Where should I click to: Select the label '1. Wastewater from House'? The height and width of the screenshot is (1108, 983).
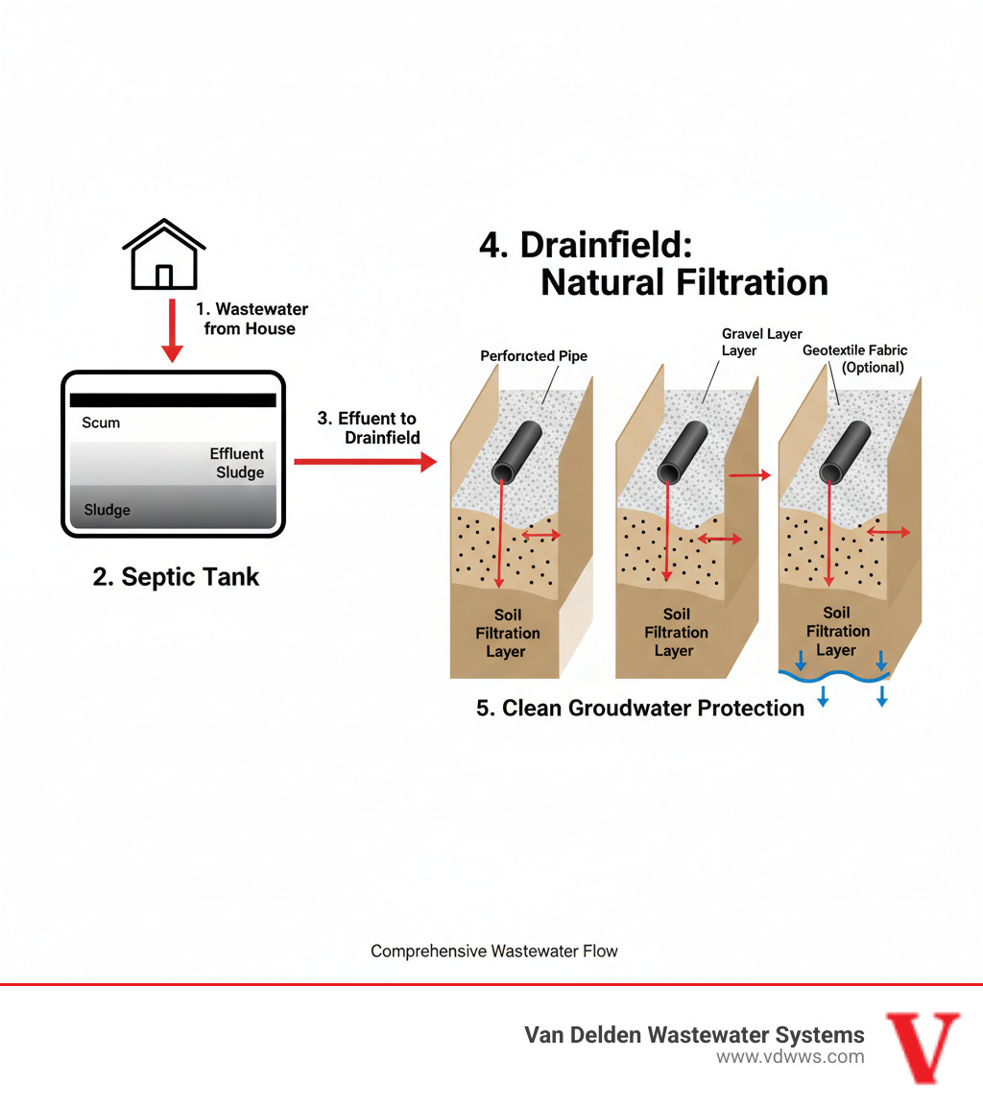coord(252,319)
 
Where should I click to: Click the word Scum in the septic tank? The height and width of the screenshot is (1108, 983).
coord(102,422)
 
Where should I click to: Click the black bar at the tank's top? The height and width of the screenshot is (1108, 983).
coord(173,399)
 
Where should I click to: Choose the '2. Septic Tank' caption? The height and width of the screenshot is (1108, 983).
coord(176,577)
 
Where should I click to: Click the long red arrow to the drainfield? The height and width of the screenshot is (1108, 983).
coord(364,462)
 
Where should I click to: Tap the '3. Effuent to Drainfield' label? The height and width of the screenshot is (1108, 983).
coord(369,428)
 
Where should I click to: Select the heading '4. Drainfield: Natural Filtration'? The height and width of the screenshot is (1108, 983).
coord(653,263)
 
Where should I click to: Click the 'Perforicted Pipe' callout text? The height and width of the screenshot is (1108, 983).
coord(533,356)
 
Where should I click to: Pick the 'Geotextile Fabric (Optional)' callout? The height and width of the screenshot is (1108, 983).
coord(854,359)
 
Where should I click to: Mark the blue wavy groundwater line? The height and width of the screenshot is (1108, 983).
coord(835,676)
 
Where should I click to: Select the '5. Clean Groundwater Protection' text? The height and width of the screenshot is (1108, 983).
coord(640,709)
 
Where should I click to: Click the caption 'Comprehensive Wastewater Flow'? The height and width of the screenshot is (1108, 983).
coord(494,951)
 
